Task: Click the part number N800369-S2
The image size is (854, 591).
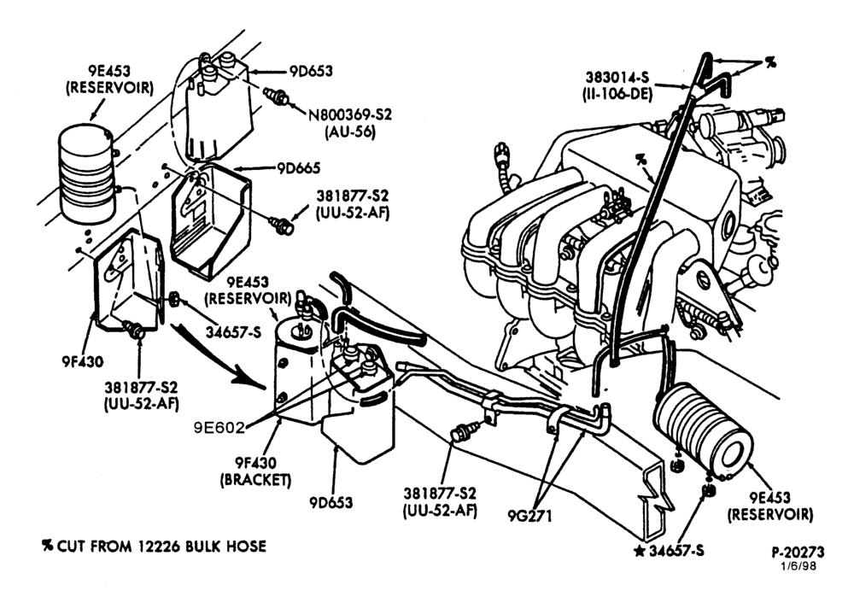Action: (x=350, y=115)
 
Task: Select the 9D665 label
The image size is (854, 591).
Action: (x=298, y=167)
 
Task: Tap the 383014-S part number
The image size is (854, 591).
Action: (x=618, y=76)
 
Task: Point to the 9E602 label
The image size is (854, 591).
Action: (x=219, y=428)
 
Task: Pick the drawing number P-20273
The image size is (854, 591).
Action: (x=798, y=553)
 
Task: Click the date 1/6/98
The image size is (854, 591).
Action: (x=798, y=566)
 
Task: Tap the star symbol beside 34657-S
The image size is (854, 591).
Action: (x=640, y=551)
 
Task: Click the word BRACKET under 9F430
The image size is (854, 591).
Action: (x=255, y=479)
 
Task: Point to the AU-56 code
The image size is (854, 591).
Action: (x=350, y=132)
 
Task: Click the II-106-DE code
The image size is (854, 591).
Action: (x=616, y=93)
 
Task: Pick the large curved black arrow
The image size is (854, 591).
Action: (x=217, y=354)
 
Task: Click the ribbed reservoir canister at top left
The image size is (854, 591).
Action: (x=86, y=173)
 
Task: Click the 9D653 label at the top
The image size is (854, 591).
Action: (x=311, y=72)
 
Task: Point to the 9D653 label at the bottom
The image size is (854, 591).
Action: (x=331, y=502)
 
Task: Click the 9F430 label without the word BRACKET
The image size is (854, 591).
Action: (x=81, y=361)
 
